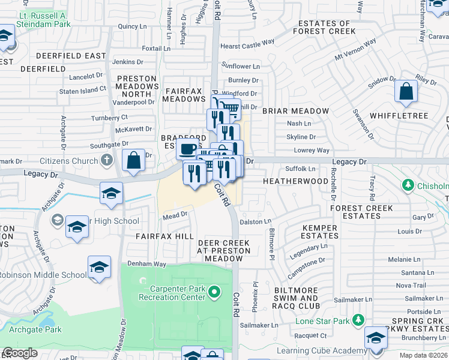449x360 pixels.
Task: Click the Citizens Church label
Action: coord(68,161)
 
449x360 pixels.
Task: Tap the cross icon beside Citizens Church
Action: coord(106,160)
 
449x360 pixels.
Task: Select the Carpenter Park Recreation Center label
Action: coord(172,293)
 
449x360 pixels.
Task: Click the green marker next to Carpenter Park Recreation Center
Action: coord(219,293)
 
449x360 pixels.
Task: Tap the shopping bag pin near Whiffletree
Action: coord(406,92)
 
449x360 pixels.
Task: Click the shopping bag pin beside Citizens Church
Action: coord(133,161)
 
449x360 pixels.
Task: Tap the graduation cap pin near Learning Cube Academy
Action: coord(376,338)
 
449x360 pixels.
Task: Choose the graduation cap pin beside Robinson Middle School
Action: coord(100,268)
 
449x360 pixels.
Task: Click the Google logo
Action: coord(20,353)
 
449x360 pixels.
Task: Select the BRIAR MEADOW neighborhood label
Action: coord(295,111)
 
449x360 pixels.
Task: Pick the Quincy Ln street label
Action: coord(132,26)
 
